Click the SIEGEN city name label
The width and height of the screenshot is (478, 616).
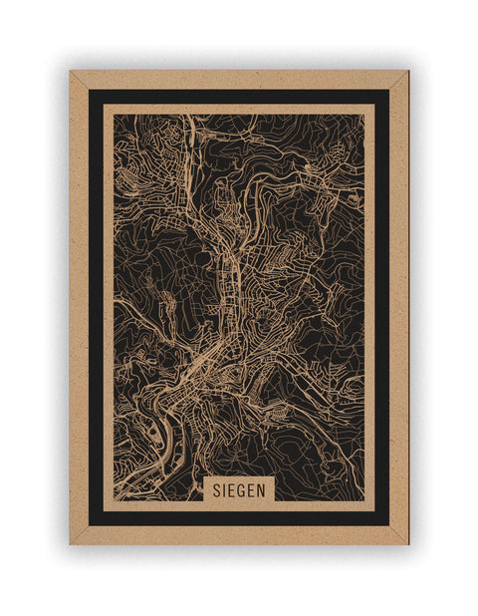click(x=238, y=489)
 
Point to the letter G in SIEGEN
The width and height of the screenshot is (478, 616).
click(x=242, y=489)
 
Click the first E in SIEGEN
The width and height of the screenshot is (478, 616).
click(x=232, y=489)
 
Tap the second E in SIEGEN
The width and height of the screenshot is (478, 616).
click(x=252, y=489)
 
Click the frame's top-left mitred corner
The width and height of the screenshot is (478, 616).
click(x=72, y=73)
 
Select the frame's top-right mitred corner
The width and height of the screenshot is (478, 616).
click(x=406, y=73)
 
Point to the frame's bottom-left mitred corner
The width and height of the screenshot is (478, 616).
click(x=72, y=542)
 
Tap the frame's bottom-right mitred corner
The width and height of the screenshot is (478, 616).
click(x=406, y=542)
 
